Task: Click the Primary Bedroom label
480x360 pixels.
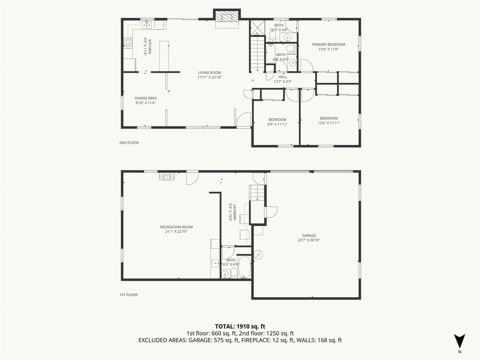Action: (x=328, y=45)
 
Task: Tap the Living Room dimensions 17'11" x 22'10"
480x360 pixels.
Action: (x=210, y=77)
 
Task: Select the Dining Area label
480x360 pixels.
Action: (x=146, y=98)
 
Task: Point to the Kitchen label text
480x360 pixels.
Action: (x=150, y=46)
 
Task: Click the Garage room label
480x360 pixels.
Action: (x=309, y=235)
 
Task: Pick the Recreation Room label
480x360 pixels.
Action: (x=176, y=227)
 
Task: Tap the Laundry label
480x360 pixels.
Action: (x=234, y=212)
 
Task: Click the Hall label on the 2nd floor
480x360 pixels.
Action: (x=283, y=77)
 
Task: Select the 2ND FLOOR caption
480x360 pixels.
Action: (x=129, y=142)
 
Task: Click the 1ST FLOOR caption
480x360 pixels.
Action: (x=128, y=295)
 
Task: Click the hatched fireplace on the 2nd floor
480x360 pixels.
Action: (x=227, y=16)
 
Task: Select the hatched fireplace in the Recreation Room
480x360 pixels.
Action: (x=166, y=177)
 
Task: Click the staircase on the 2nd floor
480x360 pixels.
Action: (x=257, y=53)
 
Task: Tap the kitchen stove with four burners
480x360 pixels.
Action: (x=128, y=42)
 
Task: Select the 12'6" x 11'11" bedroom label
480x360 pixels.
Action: (x=329, y=120)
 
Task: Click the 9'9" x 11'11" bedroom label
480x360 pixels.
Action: (x=277, y=122)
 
